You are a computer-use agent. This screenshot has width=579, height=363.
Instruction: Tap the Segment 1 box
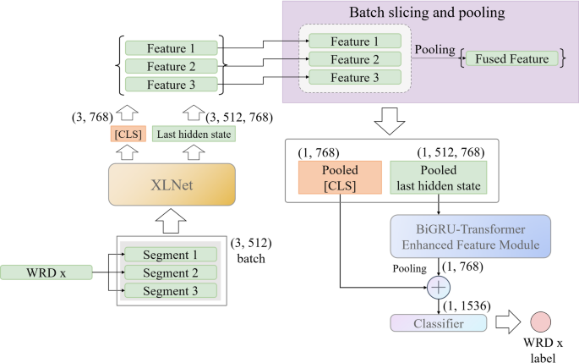(169, 255)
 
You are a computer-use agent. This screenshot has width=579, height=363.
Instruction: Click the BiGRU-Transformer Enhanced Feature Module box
(471, 235)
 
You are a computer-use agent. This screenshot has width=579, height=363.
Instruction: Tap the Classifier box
(439, 322)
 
